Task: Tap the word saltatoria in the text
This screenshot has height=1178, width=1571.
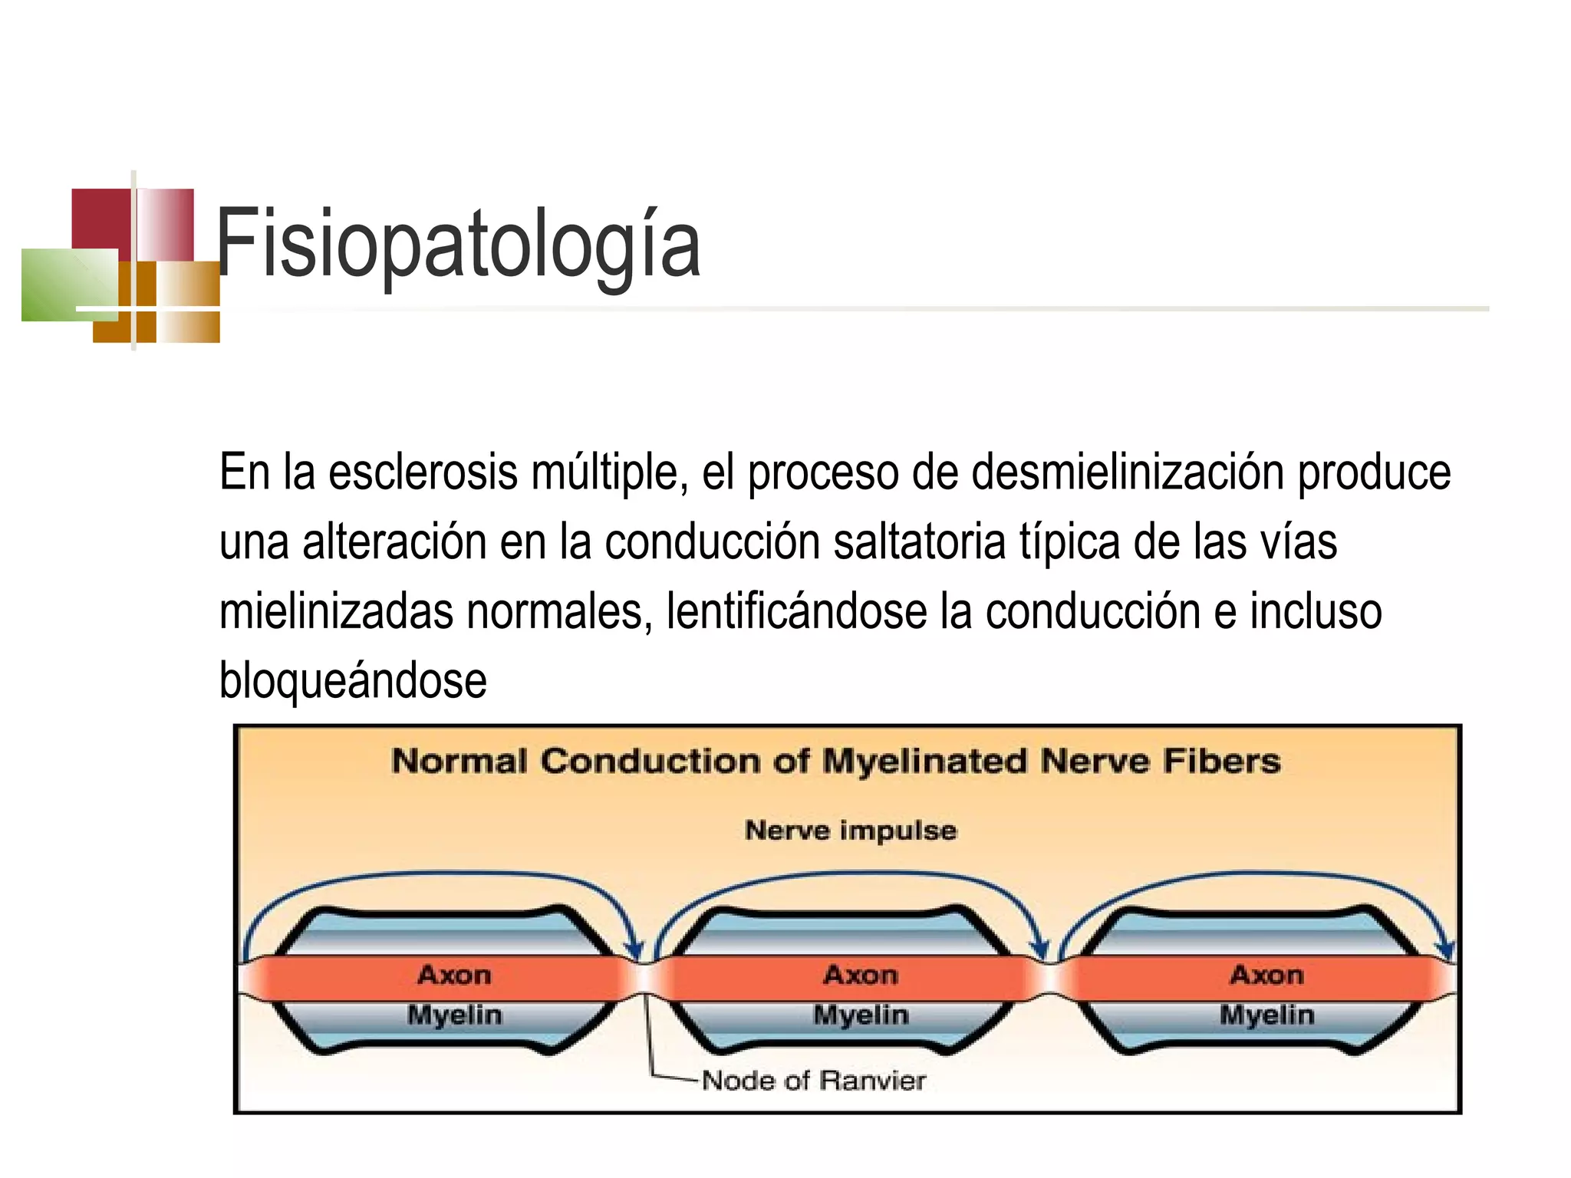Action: [919, 541]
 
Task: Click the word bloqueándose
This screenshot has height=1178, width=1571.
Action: [353, 680]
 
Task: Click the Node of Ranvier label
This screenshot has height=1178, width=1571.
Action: [813, 1081]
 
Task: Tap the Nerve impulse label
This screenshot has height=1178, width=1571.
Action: [851, 830]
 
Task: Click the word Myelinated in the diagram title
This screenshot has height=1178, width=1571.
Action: [924, 762]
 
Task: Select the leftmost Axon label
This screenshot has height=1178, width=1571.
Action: [455, 975]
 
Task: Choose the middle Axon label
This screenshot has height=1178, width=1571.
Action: [861, 975]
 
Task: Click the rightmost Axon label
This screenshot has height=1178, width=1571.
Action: [1266, 975]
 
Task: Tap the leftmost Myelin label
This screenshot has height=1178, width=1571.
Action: [455, 1015]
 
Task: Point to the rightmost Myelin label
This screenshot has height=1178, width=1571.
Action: [1266, 1015]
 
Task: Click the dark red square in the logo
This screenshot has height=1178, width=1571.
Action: [100, 218]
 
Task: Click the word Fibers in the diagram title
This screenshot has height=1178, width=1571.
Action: [1221, 762]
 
